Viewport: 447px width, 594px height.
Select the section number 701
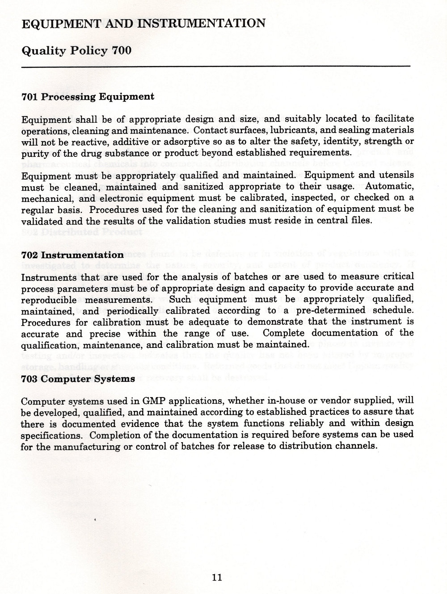30,96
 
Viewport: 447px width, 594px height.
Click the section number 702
30,255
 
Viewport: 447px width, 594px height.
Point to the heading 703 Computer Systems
78,379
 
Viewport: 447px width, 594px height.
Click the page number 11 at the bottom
217,577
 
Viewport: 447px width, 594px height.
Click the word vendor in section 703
323,400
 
